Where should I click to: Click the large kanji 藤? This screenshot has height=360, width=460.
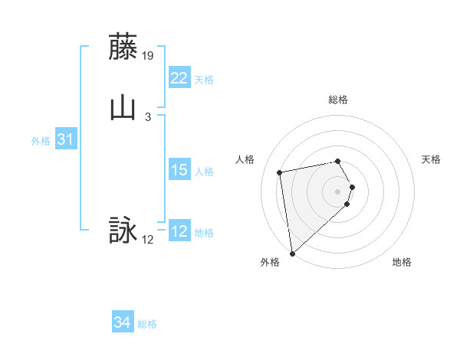pyautogui.click(x=123, y=47)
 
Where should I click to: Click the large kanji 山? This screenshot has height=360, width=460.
pyautogui.click(x=123, y=107)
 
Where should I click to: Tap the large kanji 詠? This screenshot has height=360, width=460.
pyautogui.click(x=123, y=231)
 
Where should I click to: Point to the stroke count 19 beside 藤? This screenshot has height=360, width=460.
pyautogui.click(x=149, y=56)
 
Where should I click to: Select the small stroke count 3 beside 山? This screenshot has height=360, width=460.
pyautogui.click(x=147, y=116)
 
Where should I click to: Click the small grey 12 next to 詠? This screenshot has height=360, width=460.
pyautogui.click(x=148, y=240)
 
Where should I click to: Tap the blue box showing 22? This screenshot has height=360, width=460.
pyautogui.click(x=179, y=78)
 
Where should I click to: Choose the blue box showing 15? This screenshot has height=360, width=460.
pyautogui.click(x=179, y=170)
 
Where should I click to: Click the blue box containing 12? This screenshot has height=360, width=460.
pyautogui.click(x=179, y=232)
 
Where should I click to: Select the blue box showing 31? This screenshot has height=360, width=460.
pyautogui.click(x=66, y=139)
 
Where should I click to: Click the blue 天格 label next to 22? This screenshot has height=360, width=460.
pyautogui.click(x=204, y=80)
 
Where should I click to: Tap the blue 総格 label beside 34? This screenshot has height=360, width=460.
pyautogui.click(x=147, y=324)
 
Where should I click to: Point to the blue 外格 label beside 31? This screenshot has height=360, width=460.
pyautogui.click(x=41, y=141)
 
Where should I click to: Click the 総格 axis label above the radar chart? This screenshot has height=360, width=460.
pyautogui.click(x=338, y=100)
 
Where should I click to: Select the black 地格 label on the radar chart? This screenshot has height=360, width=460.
pyautogui.click(x=402, y=263)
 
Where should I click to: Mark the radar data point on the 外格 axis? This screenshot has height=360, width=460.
pyautogui.click(x=292, y=253)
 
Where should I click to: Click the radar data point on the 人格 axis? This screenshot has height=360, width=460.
pyautogui.click(x=279, y=172)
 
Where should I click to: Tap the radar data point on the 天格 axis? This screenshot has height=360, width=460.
pyautogui.click(x=352, y=187)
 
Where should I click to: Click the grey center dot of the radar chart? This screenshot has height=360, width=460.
pyautogui.click(x=338, y=191)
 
